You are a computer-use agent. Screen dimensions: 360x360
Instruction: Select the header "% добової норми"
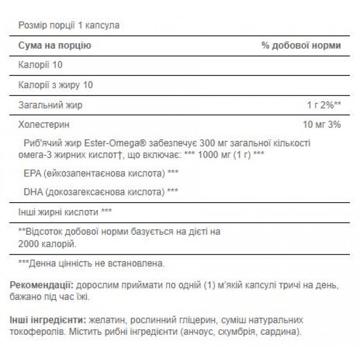pyautogui.click(x=301, y=46)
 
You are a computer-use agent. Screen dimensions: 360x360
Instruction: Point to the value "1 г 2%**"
pyautogui.click(x=325, y=105)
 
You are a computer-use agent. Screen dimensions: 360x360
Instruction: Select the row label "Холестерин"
pyautogui.click(x=40, y=125)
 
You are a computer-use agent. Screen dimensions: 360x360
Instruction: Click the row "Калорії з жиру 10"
pyautogui.click(x=55, y=85)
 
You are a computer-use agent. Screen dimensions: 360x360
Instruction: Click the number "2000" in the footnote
pyautogui.click(x=31, y=244)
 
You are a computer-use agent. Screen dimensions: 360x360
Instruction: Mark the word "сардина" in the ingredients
pyautogui.click(x=278, y=332)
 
